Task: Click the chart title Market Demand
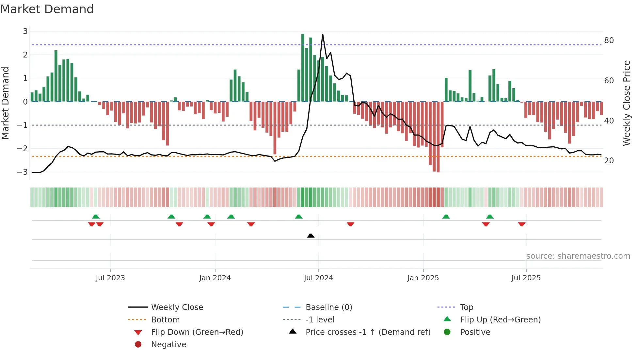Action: tap(47, 9)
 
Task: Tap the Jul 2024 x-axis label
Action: tap(318, 278)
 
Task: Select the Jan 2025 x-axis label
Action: tap(423, 278)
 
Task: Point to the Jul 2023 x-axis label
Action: tap(110, 278)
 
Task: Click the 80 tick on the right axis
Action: tap(609, 41)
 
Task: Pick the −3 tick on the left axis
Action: tap(23, 172)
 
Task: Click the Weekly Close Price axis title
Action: tap(626, 103)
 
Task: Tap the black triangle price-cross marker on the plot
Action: tap(311, 236)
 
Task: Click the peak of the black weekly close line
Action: tap(323, 35)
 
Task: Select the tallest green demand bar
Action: tap(303, 68)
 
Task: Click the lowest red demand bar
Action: tap(438, 137)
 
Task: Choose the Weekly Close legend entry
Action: tap(177, 307)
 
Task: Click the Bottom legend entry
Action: tap(165, 319)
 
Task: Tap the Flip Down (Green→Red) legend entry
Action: tap(197, 332)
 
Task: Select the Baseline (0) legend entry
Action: tap(328, 307)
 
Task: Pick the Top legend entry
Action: tap(466, 307)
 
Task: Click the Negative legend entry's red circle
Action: tap(138, 344)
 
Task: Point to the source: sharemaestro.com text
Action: tap(578, 256)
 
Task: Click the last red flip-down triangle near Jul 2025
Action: tap(521, 224)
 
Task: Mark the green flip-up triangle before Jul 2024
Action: tap(298, 217)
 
